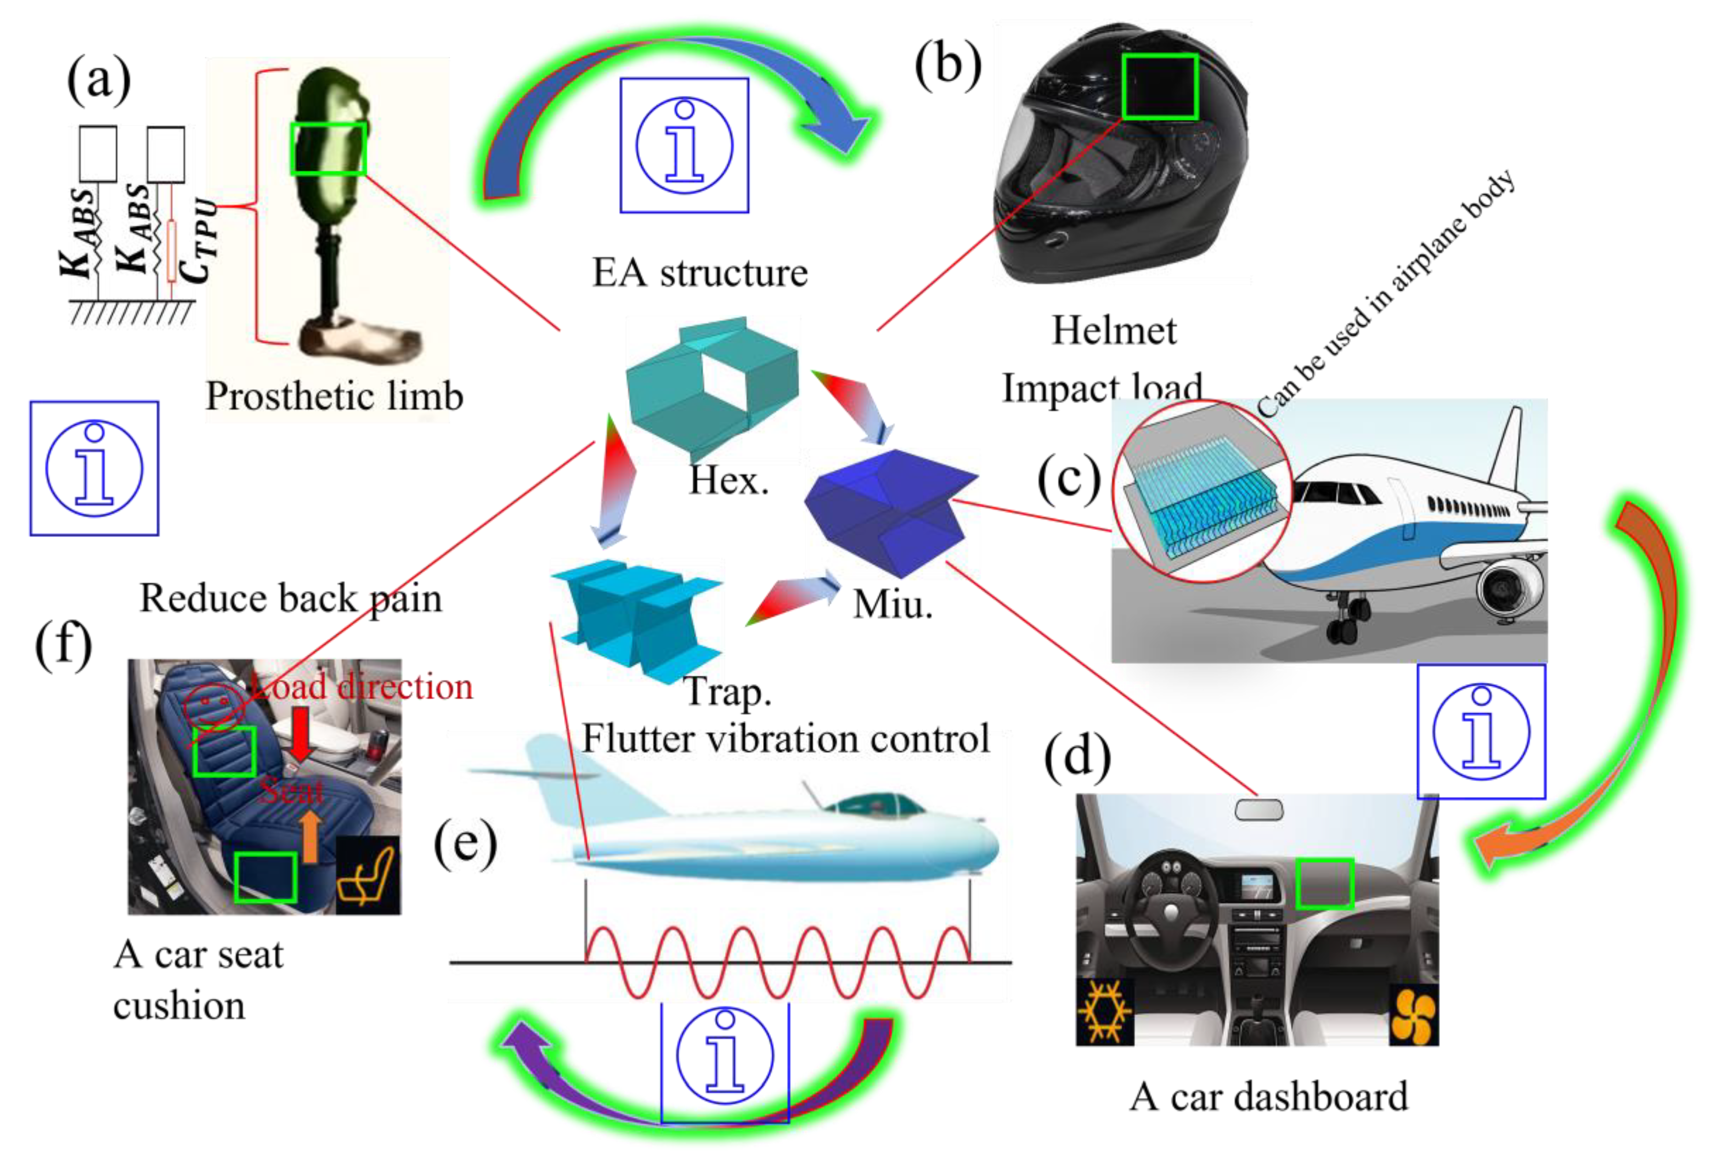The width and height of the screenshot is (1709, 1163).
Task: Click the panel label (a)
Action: (x=99, y=79)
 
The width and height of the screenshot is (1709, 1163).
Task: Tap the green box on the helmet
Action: (x=1160, y=86)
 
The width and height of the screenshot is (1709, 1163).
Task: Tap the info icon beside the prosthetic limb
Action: (x=94, y=468)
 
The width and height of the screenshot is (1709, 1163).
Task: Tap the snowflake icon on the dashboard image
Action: (x=1104, y=1012)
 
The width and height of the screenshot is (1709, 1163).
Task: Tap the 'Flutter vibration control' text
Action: (x=785, y=739)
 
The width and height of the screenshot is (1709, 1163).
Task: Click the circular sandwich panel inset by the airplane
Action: (x=1202, y=491)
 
